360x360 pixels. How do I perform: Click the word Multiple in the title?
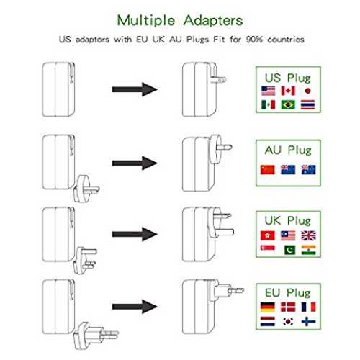coord(146,21)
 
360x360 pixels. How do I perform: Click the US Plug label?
coord(288,78)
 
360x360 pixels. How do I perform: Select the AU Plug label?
coord(288,150)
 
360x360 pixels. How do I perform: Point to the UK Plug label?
coord(288,221)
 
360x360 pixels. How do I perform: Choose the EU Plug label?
coord(288,293)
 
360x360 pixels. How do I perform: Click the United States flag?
coord(268,91)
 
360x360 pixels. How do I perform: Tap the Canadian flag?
coord(288,91)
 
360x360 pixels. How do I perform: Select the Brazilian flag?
coord(288,105)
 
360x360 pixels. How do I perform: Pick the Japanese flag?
coord(308,91)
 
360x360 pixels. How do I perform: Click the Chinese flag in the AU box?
coord(268,170)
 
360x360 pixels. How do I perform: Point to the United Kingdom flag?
coord(308,235)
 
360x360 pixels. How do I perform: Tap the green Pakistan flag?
coord(289,250)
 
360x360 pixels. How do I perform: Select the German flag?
coord(268,307)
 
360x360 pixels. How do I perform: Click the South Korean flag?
coord(288,321)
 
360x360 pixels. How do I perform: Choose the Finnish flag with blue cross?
coord(308,321)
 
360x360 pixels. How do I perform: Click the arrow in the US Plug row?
coord(135,89)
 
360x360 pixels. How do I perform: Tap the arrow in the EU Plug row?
coord(135,307)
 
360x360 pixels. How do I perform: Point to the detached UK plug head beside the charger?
coord(86,261)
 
